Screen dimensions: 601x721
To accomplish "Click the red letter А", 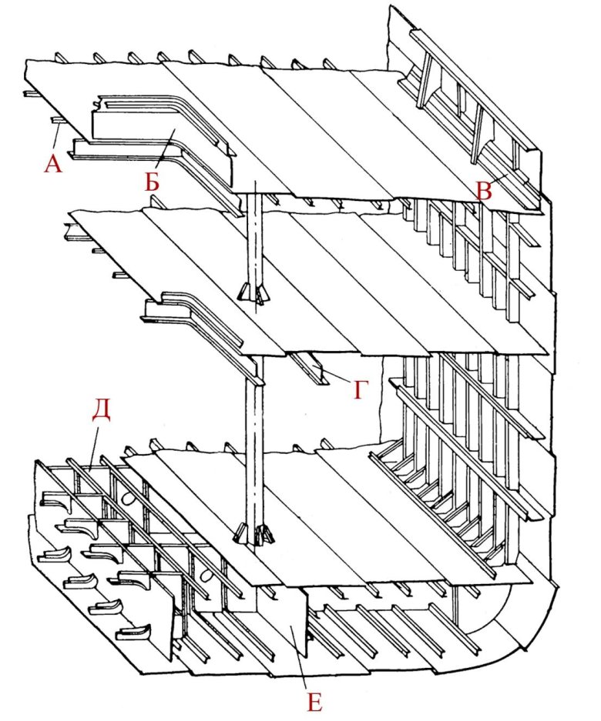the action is click(53, 163).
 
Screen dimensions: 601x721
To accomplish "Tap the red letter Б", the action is click(153, 181).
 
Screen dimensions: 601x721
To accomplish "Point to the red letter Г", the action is click(361, 390).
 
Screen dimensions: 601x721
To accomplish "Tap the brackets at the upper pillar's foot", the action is click(253, 293).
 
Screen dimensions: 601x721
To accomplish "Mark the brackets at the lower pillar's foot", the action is click(255, 533).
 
